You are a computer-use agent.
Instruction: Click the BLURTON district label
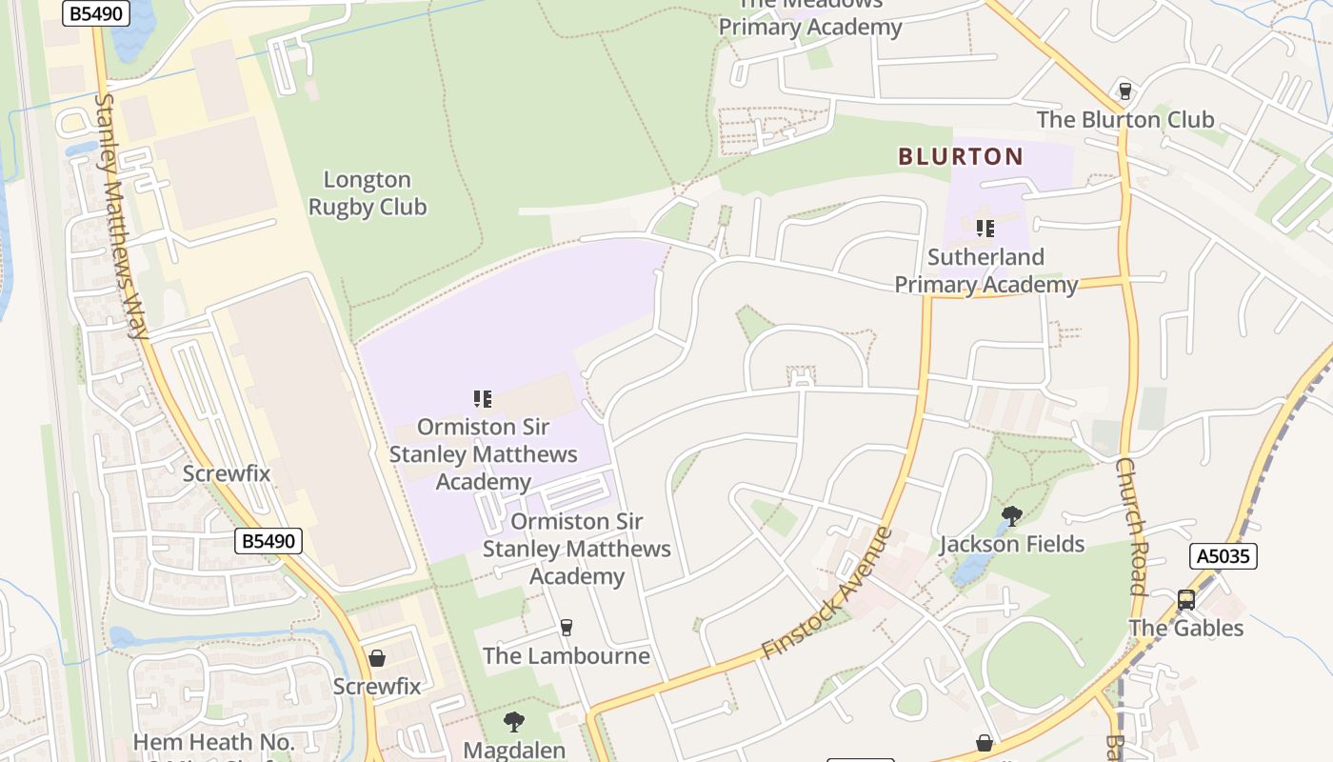[961, 156]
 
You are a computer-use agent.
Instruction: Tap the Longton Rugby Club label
[368, 193]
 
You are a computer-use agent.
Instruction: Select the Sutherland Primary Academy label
[985, 271]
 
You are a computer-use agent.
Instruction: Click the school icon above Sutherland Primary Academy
[985, 229]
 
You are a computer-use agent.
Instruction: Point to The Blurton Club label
[1124, 120]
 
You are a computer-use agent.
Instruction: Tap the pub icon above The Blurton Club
[1125, 91]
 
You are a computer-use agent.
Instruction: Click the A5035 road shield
[1224, 556]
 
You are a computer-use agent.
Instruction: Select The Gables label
[1185, 629]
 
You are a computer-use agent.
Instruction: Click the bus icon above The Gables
[1185, 600]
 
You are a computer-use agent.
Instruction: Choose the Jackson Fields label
[1011, 545]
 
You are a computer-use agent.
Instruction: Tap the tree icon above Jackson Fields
[1011, 516]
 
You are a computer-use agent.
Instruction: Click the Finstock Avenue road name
[827, 593]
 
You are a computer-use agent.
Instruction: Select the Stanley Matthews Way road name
[122, 215]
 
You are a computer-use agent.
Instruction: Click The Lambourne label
[566, 656]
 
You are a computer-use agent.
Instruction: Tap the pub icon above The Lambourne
[567, 627]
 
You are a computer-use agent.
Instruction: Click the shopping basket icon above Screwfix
[377, 658]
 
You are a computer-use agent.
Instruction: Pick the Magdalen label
[514, 750]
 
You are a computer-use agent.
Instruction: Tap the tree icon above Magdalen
[514, 721]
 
